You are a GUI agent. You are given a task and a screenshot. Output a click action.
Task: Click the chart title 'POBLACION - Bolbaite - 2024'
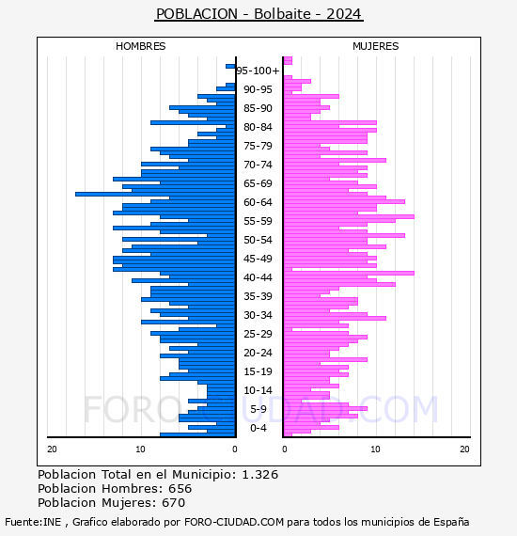tap(258, 14)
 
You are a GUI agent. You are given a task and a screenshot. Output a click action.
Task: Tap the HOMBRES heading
tap(140, 46)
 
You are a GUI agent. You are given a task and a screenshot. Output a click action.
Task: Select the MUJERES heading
tap(376, 46)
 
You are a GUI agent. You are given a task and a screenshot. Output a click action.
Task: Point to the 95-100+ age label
tap(258, 71)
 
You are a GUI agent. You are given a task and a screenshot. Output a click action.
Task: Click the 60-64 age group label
tap(258, 202)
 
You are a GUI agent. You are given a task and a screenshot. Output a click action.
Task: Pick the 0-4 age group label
tap(258, 428)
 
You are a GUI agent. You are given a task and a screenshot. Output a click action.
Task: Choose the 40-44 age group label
tap(258, 277)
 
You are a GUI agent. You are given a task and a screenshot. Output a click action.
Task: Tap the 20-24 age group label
tap(258, 353)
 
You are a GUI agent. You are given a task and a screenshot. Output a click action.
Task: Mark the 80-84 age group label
tap(258, 127)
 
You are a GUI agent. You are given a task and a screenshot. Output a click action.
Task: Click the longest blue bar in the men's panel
tap(155, 194)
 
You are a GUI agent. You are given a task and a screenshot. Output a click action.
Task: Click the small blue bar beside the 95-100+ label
tap(230, 67)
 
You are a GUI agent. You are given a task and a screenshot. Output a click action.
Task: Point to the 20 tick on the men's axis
tap(52, 449)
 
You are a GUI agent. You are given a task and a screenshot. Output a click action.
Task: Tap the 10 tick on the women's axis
tap(375, 449)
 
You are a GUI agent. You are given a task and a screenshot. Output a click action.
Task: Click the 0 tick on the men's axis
tap(235, 449)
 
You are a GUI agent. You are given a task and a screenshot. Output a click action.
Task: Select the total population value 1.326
tap(260, 475)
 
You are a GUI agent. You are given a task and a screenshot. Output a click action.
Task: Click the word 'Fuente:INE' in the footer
tap(33, 522)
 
